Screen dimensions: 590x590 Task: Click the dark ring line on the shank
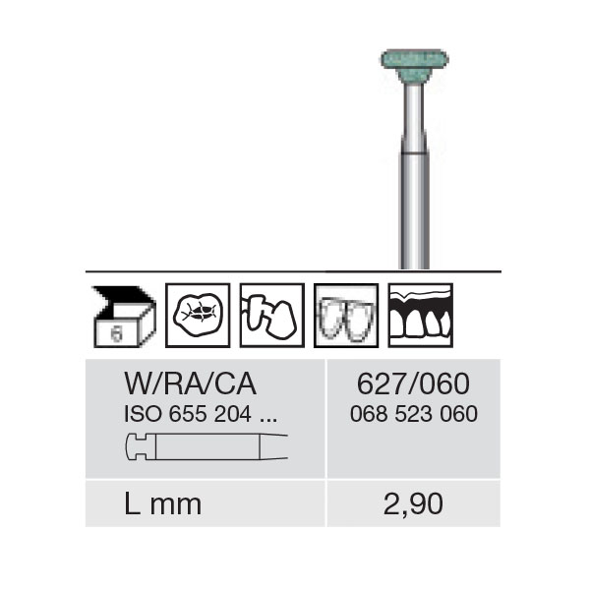[x=414, y=152]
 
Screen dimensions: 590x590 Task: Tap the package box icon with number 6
[x=124, y=316]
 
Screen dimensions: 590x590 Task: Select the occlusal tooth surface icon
[x=198, y=316]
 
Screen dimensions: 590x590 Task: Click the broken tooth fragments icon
[x=271, y=316]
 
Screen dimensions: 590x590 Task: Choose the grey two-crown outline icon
[x=346, y=316]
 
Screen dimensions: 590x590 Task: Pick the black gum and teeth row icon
[x=420, y=316]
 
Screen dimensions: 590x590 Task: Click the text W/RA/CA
[x=191, y=384]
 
